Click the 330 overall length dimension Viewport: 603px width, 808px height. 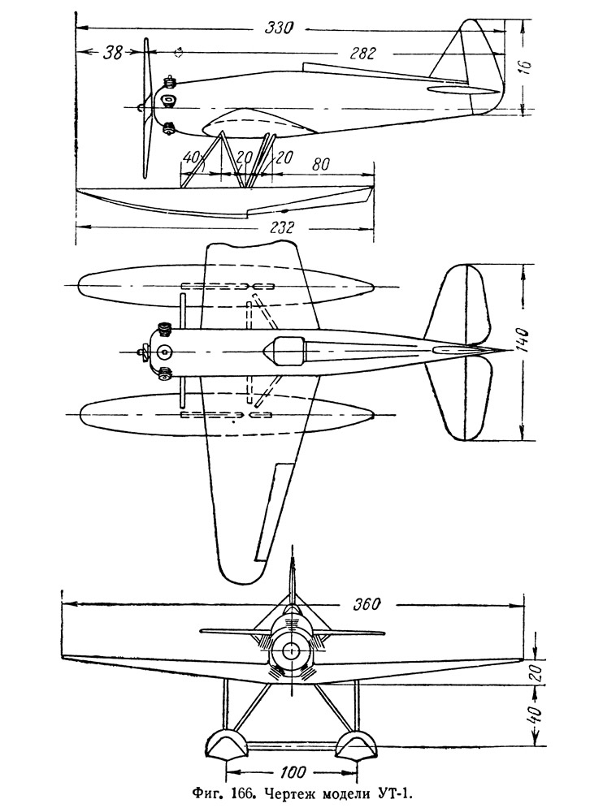coord(279,28)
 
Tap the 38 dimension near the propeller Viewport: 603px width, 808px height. coord(113,53)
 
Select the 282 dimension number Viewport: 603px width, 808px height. coord(362,54)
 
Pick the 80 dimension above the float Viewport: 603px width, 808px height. coord(320,164)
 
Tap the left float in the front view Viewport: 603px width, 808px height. coord(223,746)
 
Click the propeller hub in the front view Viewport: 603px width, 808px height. coord(291,650)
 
